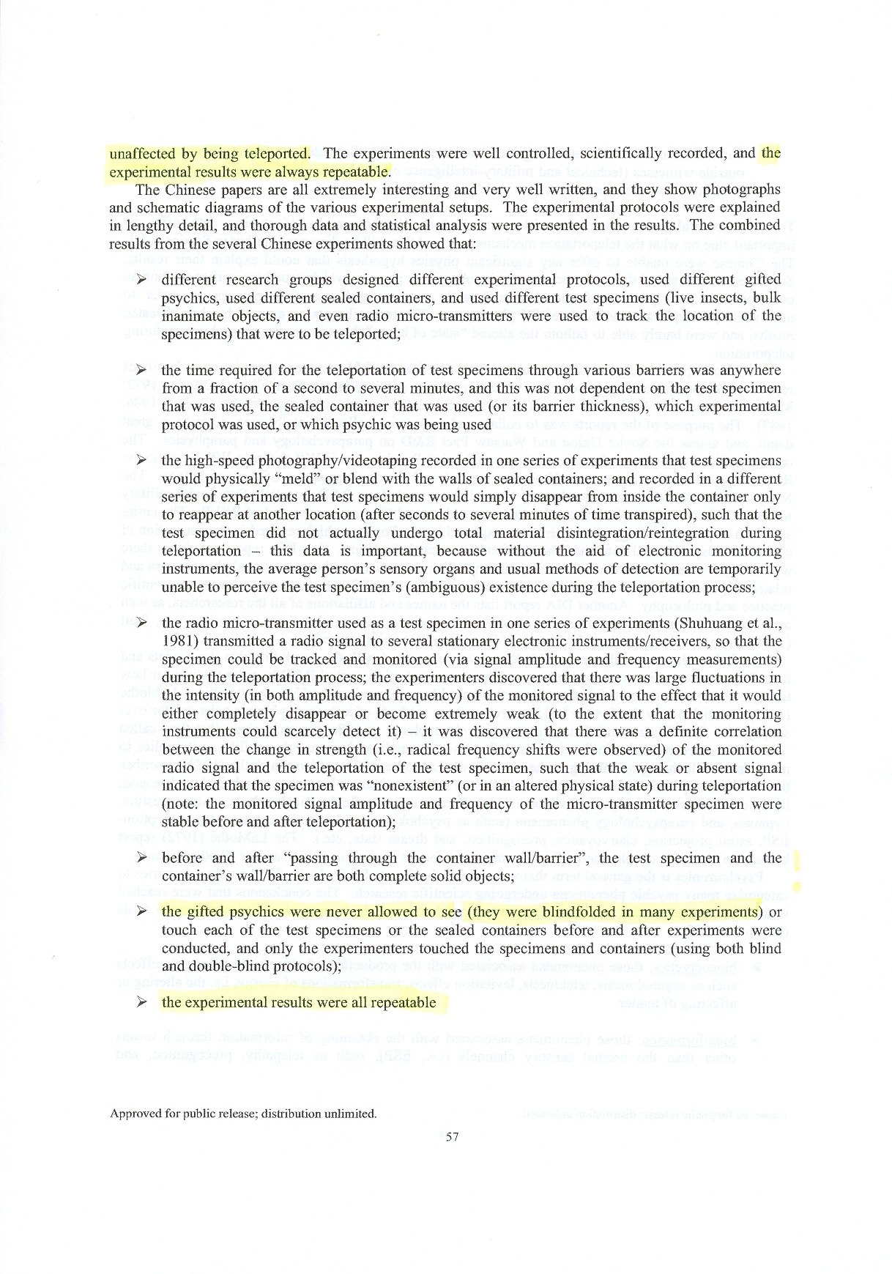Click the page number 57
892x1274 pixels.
pos(452,1136)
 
